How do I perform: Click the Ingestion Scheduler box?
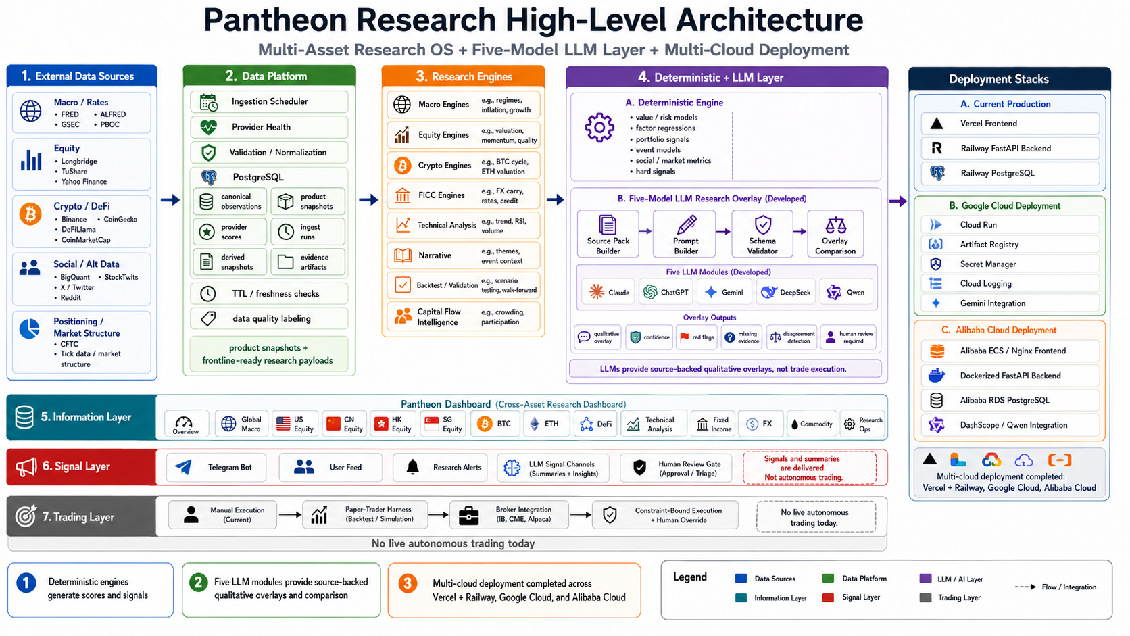[x=269, y=102]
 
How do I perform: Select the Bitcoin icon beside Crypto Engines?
[x=402, y=166]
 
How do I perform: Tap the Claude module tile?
[x=608, y=293]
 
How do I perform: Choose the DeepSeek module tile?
[x=786, y=293]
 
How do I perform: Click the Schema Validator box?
[x=762, y=234]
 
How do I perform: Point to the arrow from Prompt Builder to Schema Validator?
[x=723, y=232]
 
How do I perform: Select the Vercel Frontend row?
[x=1010, y=124]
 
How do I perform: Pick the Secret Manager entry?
[x=1010, y=264]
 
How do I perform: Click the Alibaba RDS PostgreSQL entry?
[x=1010, y=401]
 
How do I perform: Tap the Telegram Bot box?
[x=216, y=468]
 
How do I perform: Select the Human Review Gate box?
[x=676, y=468]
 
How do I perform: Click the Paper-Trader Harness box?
[x=365, y=515]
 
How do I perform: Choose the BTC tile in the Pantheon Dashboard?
[x=495, y=424]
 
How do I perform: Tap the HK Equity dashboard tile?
[x=393, y=424]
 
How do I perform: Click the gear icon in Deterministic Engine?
[x=599, y=128]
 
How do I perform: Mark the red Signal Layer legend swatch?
[x=828, y=597]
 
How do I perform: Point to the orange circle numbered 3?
[x=408, y=583]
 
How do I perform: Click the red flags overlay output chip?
[x=697, y=337]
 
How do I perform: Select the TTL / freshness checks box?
[x=269, y=293]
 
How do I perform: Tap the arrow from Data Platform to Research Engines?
[x=369, y=200]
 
